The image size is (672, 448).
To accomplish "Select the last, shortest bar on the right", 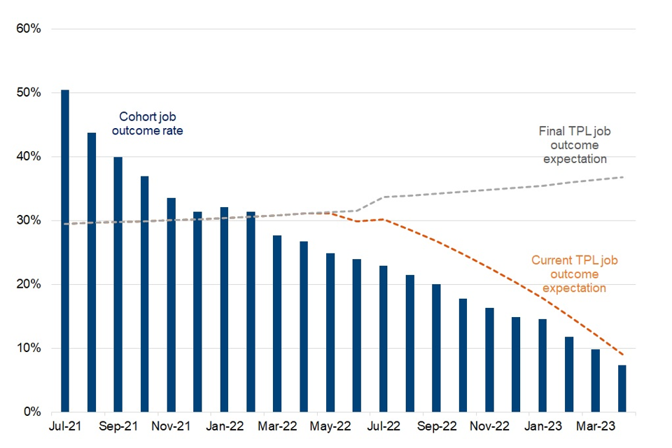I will (x=622, y=388).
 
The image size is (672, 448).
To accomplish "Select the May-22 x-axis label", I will (x=330, y=426).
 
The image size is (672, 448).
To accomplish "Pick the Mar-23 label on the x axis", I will (x=595, y=426).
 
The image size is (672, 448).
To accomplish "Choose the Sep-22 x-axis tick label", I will (x=436, y=426).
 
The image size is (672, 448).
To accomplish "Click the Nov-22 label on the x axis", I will (x=489, y=426).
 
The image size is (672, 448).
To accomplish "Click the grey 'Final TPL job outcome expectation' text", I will (x=573, y=145).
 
